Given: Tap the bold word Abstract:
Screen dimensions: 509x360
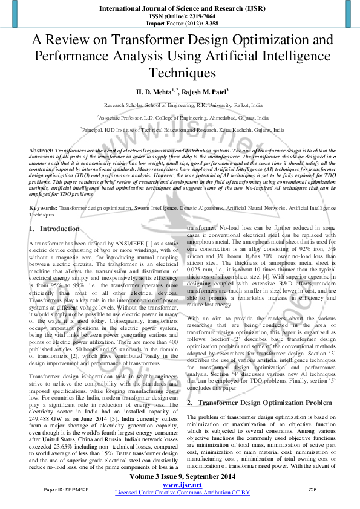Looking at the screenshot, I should click(x=41, y=149).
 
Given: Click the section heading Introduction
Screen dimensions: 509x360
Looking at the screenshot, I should click(x=59, y=229).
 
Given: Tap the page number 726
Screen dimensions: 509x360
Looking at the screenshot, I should click(x=313, y=488).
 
